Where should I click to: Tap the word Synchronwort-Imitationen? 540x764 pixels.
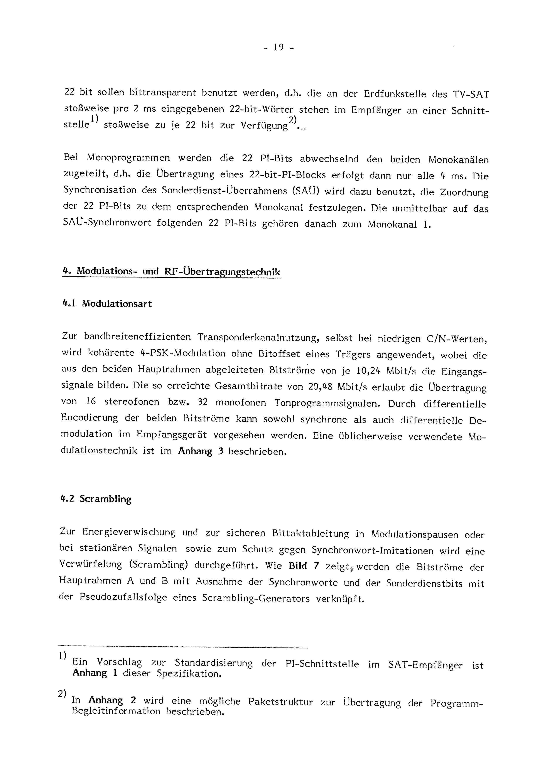tap(373, 550)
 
